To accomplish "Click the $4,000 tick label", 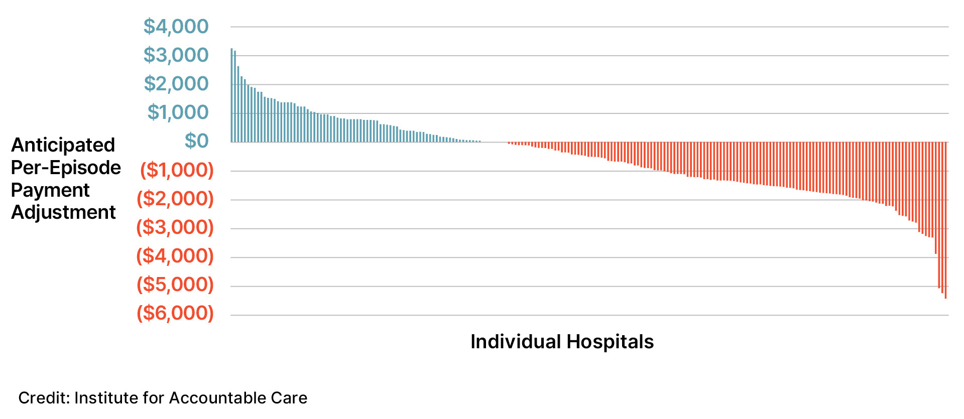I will tap(176, 27).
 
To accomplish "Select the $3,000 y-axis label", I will tap(176, 55).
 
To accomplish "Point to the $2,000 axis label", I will tap(176, 84).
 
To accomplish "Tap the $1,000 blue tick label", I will tap(178, 112).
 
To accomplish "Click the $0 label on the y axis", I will tap(196, 141).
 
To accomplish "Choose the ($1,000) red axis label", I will tap(177, 170).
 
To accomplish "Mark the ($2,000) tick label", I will tap(175, 199).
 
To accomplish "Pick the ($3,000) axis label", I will tap(175, 227).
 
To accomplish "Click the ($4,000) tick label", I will tap(175, 256).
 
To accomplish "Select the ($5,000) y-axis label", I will tap(175, 285).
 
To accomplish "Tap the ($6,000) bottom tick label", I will tap(175, 313).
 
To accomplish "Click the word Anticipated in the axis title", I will tap(63, 145).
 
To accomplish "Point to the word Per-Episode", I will tap(66, 168).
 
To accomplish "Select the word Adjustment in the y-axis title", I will tap(63, 212).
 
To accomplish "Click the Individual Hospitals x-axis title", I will tap(562, 342).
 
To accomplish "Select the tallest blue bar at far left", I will tap(232, 95).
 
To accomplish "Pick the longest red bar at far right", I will tap(945, 221).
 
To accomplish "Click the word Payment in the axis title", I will tap(50, 190).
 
